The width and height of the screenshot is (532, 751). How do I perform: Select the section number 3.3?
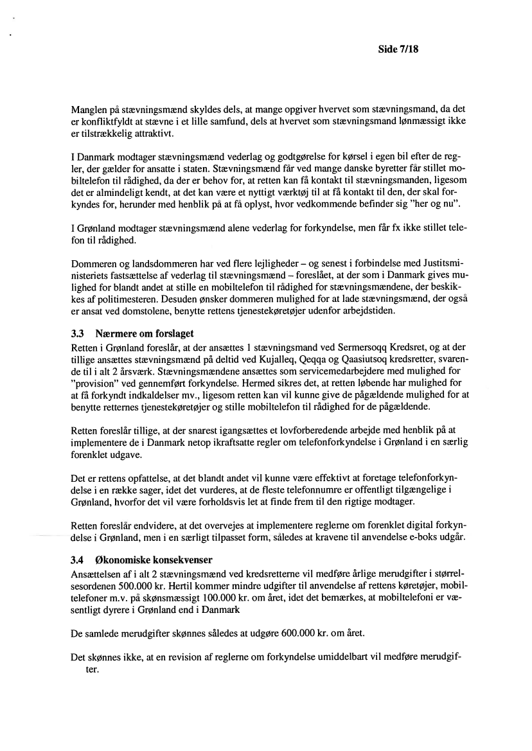pyautogui.click(x=77, y=334)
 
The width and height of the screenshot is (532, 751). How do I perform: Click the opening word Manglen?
pyautogui.click(x=88, y=110)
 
